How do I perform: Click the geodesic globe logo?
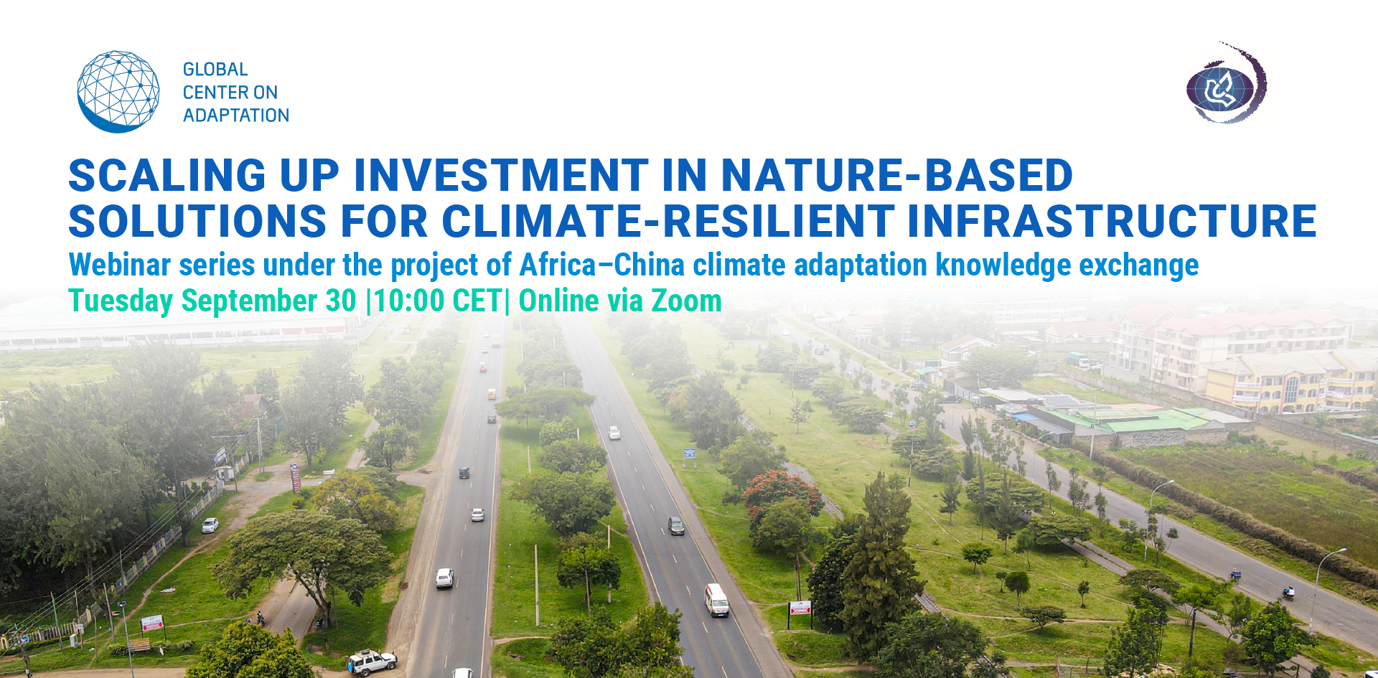pos(118,91)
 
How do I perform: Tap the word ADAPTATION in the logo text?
pos(236,116)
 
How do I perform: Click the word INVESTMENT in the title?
pos(501,176)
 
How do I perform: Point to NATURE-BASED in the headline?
pos(897,176)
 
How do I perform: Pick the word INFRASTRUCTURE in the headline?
pos(1112,220)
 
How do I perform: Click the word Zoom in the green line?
pos(686,301)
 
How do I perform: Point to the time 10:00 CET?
pos(437,301)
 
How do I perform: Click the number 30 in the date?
pos(341,301)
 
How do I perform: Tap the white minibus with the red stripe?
pos(716,600)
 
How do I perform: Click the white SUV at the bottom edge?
pos(372,662)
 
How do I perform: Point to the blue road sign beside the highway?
pos(690,453)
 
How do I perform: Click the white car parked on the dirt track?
pos(210,525)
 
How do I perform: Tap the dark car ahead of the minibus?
pos(676,526)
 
